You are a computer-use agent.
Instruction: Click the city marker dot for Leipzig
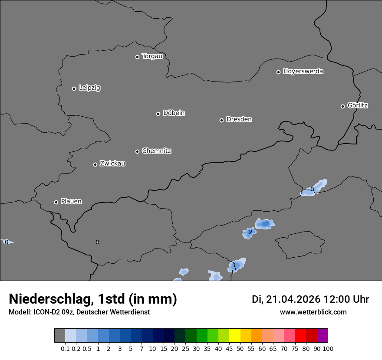tap(74, 88)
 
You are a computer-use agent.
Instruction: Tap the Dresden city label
tap(239, 119)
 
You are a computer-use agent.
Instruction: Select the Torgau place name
tap(152, 56)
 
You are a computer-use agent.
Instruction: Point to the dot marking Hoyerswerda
tap(278, 72)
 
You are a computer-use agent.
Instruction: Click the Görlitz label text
tap(358, 105)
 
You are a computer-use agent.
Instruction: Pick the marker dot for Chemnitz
tap(137, 151)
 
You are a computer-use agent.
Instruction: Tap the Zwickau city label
tap(112, 164)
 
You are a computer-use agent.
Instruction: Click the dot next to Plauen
tap(56, 202)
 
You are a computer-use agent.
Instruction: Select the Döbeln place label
tap(174, 113)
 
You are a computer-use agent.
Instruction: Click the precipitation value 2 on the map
tap(250, 232)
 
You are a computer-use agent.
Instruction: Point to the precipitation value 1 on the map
tap(234, 265)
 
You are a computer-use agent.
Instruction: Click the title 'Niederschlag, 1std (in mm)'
tap(93, 299)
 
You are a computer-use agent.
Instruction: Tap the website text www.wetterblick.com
tap(313, 312)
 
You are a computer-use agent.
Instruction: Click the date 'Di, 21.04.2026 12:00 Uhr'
tap(310, 299)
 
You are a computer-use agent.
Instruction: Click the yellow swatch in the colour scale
tap(234, 335)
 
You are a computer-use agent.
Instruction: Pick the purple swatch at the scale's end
tap(323, 335)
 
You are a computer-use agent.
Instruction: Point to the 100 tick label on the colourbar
tap(328, 348)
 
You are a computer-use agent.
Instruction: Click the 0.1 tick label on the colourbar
tap(65, 348)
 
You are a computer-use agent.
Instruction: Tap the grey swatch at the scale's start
tap(59, 335)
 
